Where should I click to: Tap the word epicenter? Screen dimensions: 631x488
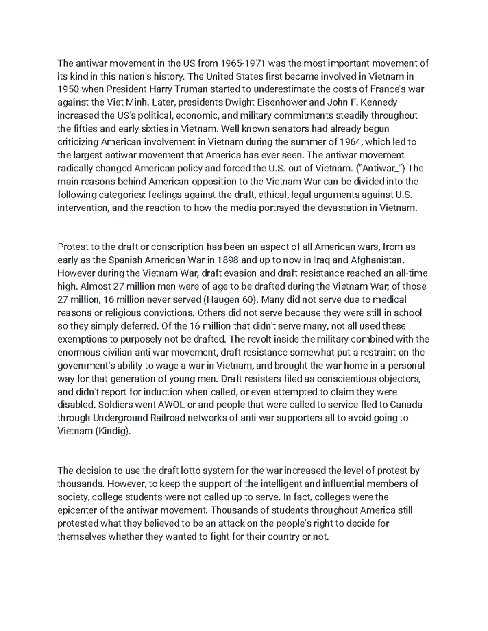tap(78, 510)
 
